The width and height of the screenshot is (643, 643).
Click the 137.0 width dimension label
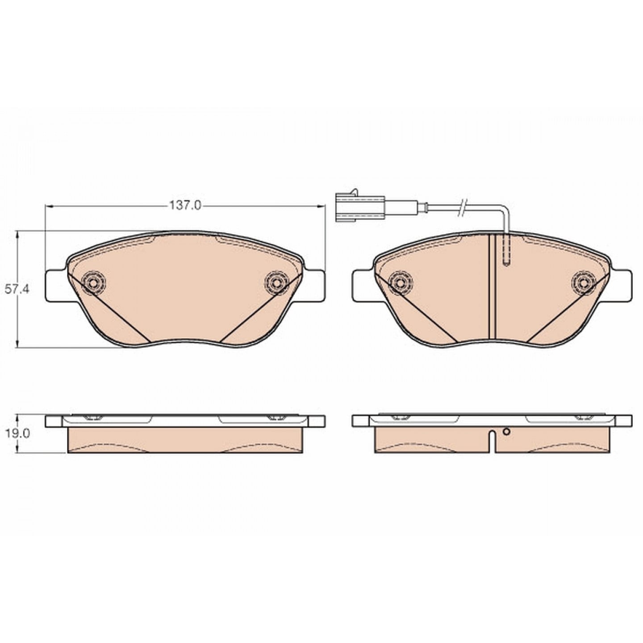[x=185, y=205]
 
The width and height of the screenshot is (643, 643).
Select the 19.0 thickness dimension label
[x=17, y=434]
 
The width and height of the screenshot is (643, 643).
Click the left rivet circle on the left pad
[x=94, y=171]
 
